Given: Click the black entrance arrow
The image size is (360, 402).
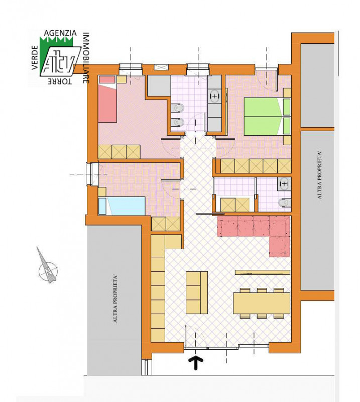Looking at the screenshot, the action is point(196,362).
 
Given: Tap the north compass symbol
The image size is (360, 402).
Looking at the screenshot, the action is point(48,267).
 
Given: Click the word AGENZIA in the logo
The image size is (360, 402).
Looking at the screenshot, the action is point(60,33).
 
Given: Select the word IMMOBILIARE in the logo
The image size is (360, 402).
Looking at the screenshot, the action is point(86,58).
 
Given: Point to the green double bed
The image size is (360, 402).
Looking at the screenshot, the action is point(267,117).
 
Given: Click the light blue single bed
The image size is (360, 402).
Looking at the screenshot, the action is point(122,206).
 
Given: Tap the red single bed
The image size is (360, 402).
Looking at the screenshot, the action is point(107,99).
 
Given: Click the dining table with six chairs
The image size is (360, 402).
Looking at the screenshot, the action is point(262,303).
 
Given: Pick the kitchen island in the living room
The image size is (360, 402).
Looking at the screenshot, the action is point(197,293).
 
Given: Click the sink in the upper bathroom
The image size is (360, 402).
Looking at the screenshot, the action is point(215,96).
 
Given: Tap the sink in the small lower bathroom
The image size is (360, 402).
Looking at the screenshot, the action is point(284,184).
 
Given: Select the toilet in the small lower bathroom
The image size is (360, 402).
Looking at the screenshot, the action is point(284,203).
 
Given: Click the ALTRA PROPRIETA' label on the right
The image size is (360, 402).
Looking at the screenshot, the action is point(319,175).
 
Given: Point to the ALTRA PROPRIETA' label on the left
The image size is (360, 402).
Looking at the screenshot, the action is point(115,298).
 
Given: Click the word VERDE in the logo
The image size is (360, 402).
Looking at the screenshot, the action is point(35,58).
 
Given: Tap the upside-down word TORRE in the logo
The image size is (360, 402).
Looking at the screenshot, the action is point(60,81).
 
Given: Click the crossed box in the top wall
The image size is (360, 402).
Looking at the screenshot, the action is point(161,67).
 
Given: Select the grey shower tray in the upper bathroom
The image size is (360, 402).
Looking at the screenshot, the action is point(159,85).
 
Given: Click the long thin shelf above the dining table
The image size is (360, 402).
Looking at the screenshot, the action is point(263,272).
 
